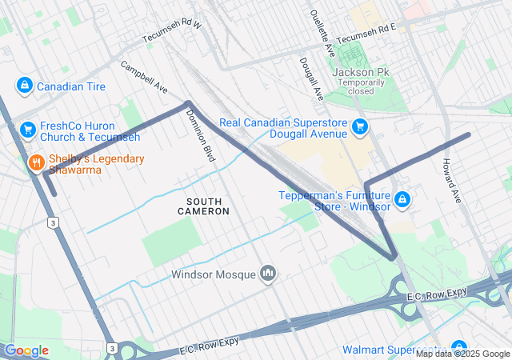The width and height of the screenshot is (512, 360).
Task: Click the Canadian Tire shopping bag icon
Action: coord(25,86)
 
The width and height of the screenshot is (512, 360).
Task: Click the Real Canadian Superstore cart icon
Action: coord(360,126)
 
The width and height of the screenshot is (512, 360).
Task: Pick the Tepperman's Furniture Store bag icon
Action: coord(402,199)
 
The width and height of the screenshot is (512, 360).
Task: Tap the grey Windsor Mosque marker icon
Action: coord(268,274)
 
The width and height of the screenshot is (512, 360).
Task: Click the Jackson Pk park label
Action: coord(360,72)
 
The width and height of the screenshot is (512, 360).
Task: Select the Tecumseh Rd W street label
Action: coord(172,33)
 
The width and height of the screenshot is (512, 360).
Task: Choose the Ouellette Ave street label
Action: coord(322,33)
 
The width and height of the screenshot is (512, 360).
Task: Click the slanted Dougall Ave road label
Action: coord(311,78)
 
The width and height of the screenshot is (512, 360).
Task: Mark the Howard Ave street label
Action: coord(451,179)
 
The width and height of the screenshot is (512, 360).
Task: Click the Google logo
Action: coord(26,350)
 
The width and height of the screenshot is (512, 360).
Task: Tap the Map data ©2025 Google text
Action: coord(462,354)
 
